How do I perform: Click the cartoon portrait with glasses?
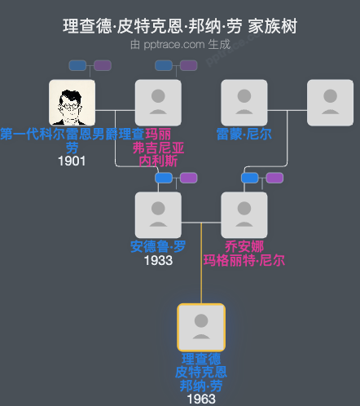(x=72, y=103)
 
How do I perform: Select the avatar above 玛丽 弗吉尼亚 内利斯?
(x=158, y=103)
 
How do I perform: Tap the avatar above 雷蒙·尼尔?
(x=244, y=103)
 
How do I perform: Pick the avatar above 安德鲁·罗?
(x=158, y=215)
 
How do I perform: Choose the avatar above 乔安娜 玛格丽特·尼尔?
(x=244, y=215)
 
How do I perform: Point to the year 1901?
(x=72, y=161)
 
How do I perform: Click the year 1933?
(x=158, y=260)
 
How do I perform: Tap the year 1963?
(x=201, y=399)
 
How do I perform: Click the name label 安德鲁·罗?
(x=158, y=247)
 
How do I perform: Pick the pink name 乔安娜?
(x=244, y=247)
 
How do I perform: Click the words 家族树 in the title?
(x=274, y=27)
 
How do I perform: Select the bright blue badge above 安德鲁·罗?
(x=165, y=178)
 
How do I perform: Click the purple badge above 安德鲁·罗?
(x=188, y=178)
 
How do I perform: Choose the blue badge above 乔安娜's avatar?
(x=250, y=178)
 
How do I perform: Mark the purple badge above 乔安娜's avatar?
(x=274, y=178)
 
